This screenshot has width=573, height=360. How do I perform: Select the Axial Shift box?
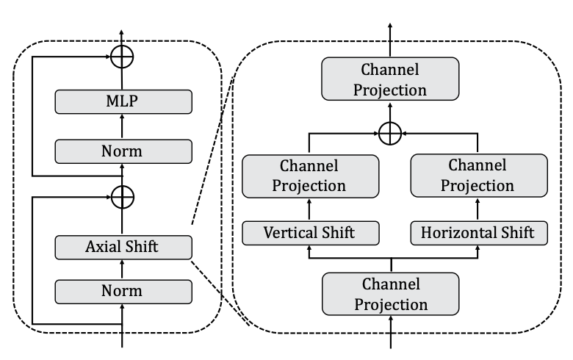(123, 248)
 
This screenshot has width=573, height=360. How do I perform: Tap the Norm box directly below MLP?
(123, 151)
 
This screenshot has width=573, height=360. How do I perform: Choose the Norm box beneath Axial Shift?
(123, 291)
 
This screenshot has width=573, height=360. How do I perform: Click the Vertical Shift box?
(309, 234)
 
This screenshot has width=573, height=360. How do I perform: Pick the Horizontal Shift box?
(478, 234)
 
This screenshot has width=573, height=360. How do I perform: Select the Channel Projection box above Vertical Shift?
(309, 175)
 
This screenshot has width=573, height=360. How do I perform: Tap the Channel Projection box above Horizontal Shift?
(478, 175)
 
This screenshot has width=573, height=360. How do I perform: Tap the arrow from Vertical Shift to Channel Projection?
(309, 209)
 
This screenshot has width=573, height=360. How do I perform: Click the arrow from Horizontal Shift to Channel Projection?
(478, 209)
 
